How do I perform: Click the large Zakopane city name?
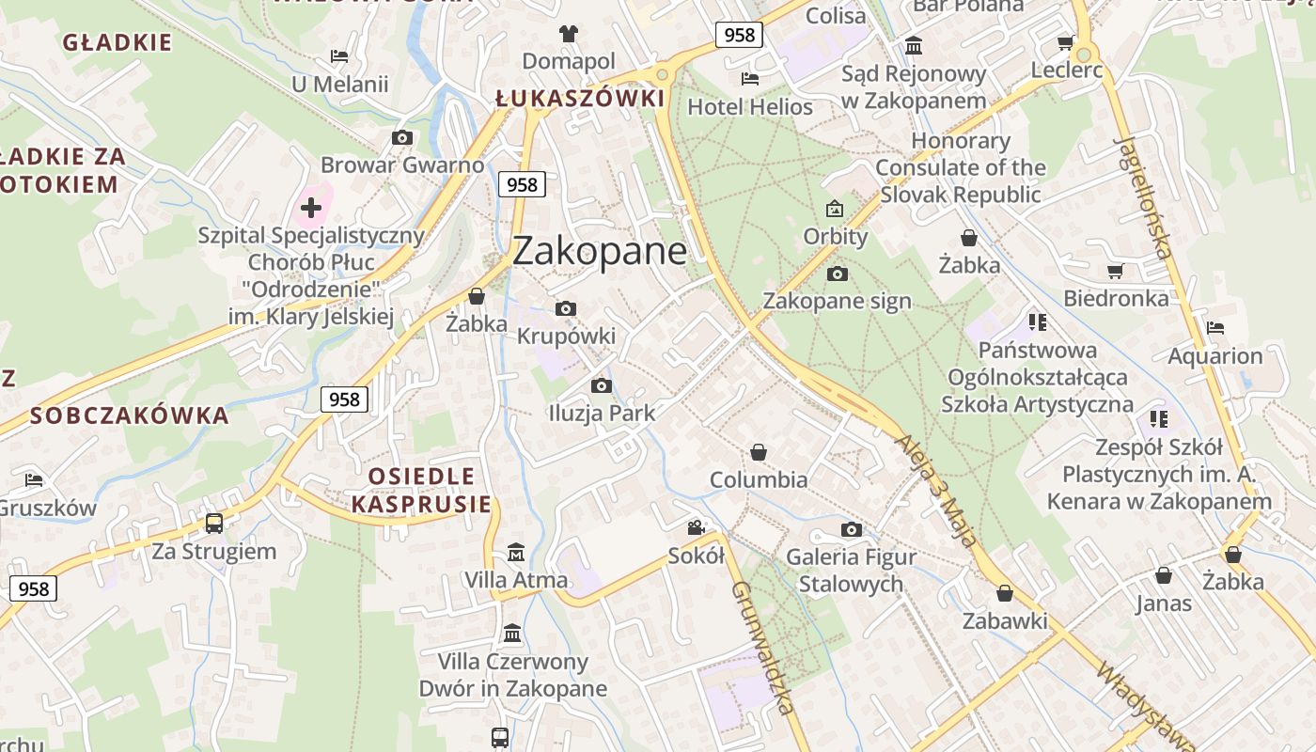(600, 252)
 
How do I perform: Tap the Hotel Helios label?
(750, 107)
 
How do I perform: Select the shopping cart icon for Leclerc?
(1065, 42)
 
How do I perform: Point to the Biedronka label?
(1116, 299)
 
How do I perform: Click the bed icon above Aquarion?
(1215, 328)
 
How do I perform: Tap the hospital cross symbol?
(311, 208)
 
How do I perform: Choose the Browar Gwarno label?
(402, 165)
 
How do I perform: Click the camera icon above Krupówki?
(566, 308)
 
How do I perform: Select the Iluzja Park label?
(602, 414)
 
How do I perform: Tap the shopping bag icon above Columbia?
(759, 452)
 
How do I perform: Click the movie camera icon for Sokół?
(696, 527)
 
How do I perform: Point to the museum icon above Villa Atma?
(515, 552)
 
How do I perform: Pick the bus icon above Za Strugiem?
(214, 523)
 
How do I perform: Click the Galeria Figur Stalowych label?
(851, 571)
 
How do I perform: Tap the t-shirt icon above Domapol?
(568, 34)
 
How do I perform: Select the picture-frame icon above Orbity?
(835, 208)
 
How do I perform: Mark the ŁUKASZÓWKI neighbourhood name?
(580, 99)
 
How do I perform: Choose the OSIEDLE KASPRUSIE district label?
(421, 490)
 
